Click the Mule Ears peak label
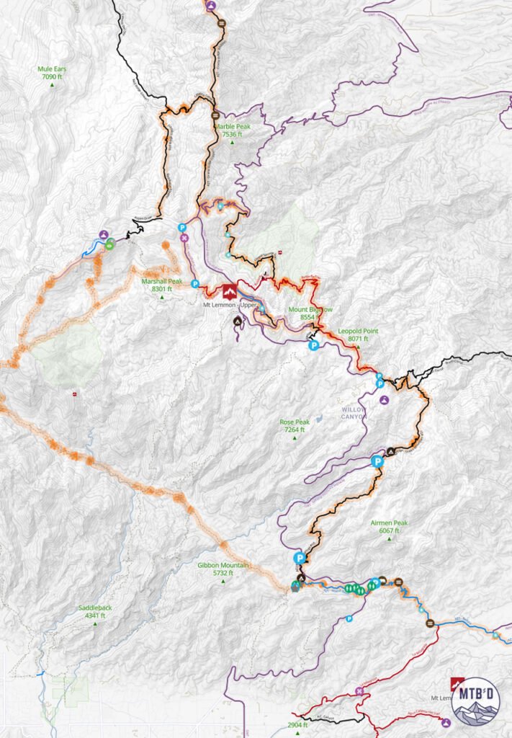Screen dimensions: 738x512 point(52,73)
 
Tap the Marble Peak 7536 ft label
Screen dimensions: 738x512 point(232,130)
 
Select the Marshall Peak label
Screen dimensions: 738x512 point(161,285)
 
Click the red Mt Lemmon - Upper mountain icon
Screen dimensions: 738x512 point(229,292)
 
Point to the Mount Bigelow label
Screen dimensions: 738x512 point(310,313)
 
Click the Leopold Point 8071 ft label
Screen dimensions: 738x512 point(353,335)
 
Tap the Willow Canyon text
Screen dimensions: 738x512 point(354,414)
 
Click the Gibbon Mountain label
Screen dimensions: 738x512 point(223,569)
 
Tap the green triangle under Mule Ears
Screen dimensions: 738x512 point(52,85)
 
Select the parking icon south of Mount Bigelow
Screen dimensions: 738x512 point(313,346)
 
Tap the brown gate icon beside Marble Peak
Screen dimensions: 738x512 point(215,116)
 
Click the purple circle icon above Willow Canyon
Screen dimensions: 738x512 point(385,399)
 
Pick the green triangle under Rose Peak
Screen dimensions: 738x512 point(294,438)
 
